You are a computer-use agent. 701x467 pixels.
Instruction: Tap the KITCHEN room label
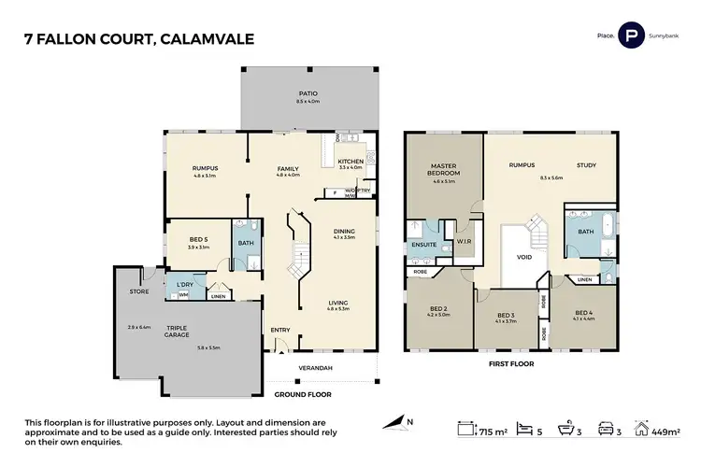(350, 162)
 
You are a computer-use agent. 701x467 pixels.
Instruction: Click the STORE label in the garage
(138, 291)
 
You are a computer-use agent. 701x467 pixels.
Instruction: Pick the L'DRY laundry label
(183, 284)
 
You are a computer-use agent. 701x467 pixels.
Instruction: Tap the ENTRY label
(279, 330)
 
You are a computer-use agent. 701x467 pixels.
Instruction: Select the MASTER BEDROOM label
(443, 169)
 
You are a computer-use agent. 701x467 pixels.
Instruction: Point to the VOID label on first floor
(524, 258)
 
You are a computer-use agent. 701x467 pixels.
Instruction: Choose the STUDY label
(586, 164)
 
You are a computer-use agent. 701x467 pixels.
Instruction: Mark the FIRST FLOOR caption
(510, 364)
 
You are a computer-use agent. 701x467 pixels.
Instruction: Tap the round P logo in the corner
(633, 37)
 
